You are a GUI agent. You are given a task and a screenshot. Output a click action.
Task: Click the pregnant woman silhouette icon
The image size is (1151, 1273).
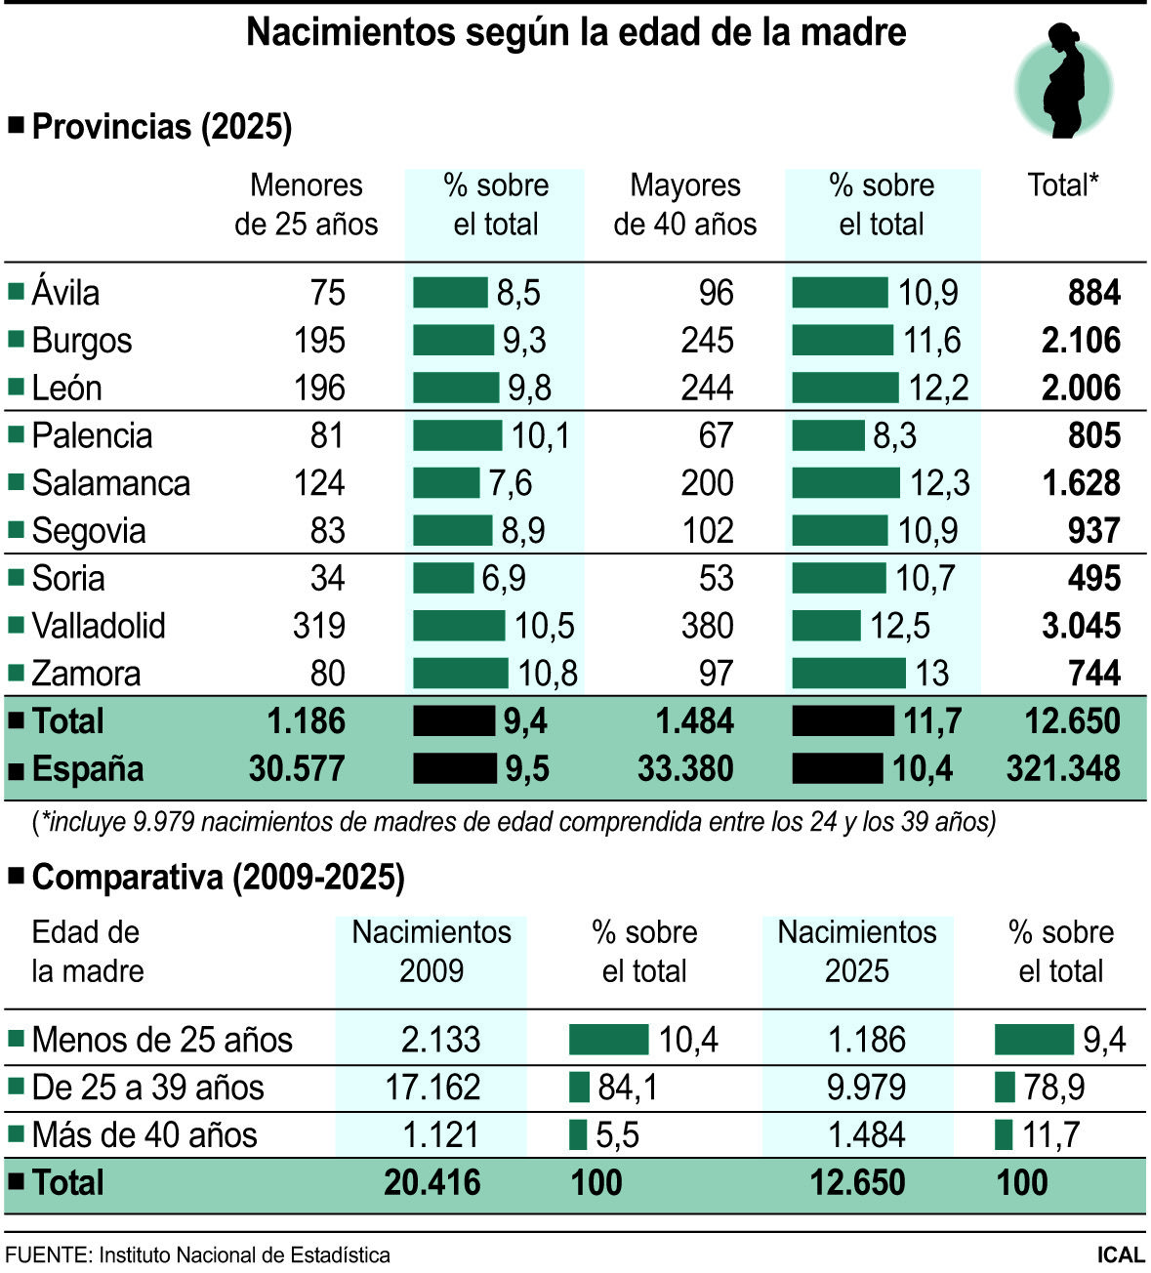tap(1063, 84)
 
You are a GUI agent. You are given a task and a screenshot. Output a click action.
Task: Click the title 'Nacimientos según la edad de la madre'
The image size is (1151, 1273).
tap(576, 32)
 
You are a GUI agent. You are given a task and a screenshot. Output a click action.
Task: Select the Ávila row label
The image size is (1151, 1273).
tap(64, 293)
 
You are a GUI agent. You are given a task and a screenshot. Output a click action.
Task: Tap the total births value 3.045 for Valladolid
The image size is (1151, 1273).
tap(1081, 626)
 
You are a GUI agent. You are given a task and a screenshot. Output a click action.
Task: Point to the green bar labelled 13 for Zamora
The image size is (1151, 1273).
tap(848, 674)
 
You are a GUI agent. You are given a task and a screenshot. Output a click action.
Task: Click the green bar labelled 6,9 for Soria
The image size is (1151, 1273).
tap(442, 578)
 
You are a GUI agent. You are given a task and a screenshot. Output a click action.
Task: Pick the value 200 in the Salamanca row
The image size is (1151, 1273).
tap(707, 483)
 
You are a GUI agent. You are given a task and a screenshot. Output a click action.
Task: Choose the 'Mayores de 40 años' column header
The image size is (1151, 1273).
tap(685, 205)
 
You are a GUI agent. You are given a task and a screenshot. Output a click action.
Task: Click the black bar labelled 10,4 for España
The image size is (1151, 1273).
tap(837, 768)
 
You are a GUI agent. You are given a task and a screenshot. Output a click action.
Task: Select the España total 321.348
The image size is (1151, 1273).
tap(1063, 768)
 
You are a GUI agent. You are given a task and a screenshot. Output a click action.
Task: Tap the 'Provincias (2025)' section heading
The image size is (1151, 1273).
tap(161, 127)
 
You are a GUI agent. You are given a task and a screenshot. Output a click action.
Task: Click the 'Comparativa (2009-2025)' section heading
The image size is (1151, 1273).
tap(218, 878)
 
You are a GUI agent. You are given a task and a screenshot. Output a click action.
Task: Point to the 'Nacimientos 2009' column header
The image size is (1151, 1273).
tap(432, 952)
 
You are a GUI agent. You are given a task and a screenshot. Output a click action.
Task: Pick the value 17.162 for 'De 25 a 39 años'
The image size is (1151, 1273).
tap(432, 1088)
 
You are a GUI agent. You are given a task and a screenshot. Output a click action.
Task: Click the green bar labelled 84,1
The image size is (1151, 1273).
tap(579, 1088)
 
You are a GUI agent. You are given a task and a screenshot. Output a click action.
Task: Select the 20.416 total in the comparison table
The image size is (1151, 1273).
tap(432, 1183)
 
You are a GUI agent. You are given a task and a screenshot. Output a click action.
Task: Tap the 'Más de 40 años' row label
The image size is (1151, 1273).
tap(144, 1135)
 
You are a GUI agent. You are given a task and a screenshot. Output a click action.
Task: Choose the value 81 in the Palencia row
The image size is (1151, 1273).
tap(327, 435)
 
